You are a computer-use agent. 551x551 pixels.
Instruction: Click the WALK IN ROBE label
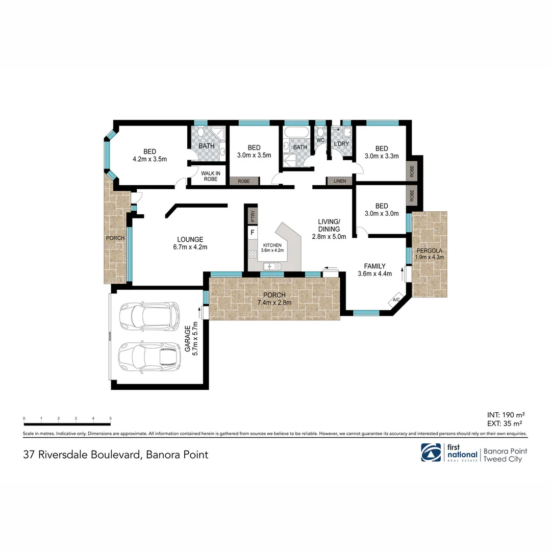tap(210, 176)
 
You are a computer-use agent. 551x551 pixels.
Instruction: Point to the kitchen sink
tap(272, 266)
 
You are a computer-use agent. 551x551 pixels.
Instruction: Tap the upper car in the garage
tap(149, 316)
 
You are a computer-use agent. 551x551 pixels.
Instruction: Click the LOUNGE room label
tap(190, 239)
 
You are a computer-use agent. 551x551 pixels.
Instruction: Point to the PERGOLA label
tap(430, 251)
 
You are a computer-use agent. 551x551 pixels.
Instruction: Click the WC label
tap(320, 140)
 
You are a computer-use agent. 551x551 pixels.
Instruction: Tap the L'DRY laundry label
tap(341, 144)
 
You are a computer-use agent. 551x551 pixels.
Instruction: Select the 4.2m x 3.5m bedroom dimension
tap(149, 159)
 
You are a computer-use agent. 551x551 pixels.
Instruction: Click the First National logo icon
tap(431, 453)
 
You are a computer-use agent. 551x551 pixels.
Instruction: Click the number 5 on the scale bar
tap(110, 419)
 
